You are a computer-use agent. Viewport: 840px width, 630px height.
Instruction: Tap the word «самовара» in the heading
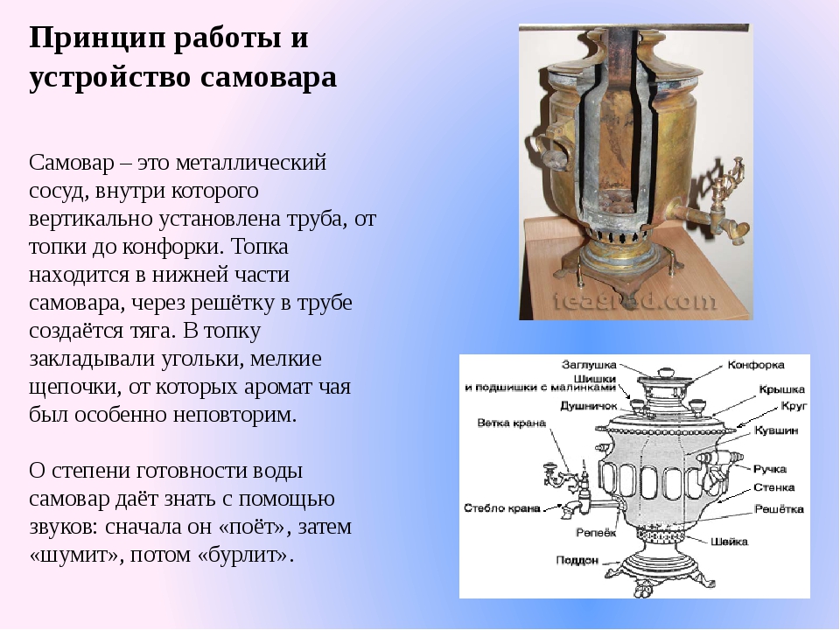click(269, 77)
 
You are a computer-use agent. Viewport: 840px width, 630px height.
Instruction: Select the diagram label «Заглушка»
click(589, 365)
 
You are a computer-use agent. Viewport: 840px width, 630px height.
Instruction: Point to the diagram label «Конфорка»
click(756, 365)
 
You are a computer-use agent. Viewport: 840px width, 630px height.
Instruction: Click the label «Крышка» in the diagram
click(781, 389)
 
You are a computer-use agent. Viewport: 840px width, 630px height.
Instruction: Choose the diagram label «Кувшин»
click(776, 430)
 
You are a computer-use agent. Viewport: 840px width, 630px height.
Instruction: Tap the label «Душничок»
click(589, 406)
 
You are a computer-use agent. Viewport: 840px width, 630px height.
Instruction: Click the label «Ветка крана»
click(511, 423)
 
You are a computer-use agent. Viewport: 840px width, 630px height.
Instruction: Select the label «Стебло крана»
click(502, 508)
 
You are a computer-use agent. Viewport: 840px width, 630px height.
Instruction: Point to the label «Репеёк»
click(596, 533)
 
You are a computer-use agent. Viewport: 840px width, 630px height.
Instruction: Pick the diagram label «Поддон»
click(577, 560)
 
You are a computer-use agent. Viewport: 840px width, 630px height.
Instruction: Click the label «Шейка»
click(729, 542)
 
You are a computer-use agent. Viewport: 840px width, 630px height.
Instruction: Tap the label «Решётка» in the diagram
click(779, 509)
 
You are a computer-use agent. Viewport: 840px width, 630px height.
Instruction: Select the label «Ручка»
click(770, 469)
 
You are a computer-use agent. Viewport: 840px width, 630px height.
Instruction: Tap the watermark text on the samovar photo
click(634, 302)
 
